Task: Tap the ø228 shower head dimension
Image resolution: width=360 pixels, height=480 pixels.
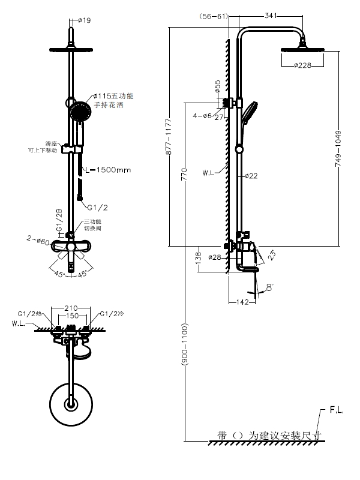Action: click(x=302, y=66)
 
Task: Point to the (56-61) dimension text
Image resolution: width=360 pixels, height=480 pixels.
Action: click(x=214, y=16)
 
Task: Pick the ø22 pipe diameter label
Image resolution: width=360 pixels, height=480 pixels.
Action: click(x=251, y=176)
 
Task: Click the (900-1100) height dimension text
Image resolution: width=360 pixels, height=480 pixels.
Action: click(x=185, y=348)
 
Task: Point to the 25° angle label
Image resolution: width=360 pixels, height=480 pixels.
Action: click(x=272, y=255)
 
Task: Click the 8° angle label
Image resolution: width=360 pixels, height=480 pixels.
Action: click(x=268, y=286)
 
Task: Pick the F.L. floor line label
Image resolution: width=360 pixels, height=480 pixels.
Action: click(x=336, y=412)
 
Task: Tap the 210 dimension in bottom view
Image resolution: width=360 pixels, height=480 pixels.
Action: click(x=73, y=309)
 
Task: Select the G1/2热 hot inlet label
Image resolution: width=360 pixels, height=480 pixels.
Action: click(x=30, y=313)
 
